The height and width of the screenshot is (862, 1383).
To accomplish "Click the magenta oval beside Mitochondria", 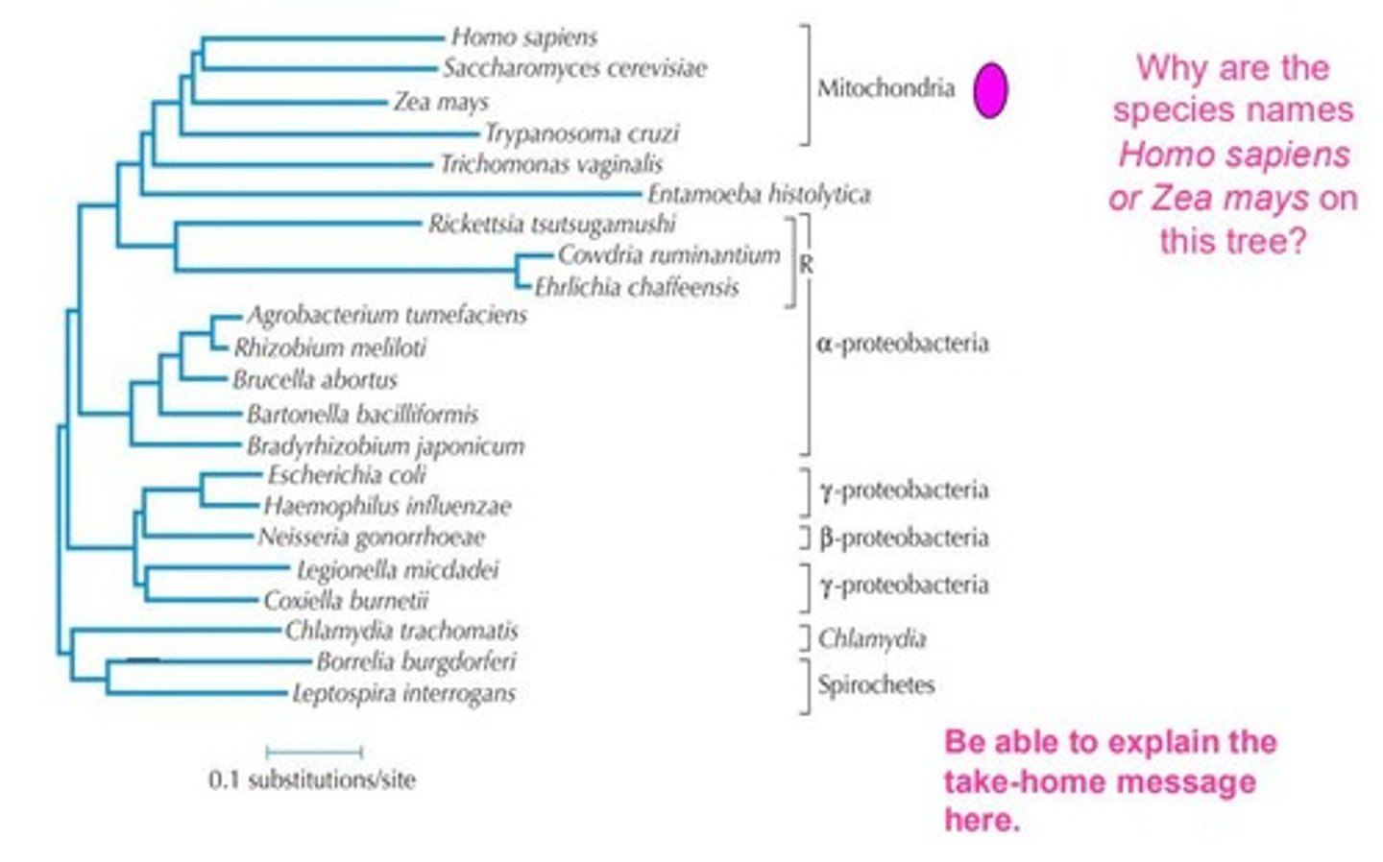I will tap(989, 90).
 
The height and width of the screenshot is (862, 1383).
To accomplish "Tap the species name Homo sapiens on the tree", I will tap(524, 37).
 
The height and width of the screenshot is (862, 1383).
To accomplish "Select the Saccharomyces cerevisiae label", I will tap(574, 68).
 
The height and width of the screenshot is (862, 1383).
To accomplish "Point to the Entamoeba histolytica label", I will tap(759, 195).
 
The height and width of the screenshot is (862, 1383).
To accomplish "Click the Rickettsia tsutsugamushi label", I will tap(551, 225).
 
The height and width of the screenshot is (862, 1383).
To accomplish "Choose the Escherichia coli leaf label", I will tap(346, 475).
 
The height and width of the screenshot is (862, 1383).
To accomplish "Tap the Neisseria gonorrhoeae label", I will tap(371, 537).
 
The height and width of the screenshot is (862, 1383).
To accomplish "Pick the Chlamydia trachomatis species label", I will tap(401, 631).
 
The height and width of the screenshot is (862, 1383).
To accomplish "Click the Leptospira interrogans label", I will tap(403, 693).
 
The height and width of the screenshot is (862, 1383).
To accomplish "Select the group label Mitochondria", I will tap(886, 88).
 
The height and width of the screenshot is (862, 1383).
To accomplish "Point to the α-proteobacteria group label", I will tap(902, 343).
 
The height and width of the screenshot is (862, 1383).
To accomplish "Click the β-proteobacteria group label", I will tap(904, 538).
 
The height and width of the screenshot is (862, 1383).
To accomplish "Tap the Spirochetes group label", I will tap(876, 684).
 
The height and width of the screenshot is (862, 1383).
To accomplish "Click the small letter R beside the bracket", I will tap(806, 265).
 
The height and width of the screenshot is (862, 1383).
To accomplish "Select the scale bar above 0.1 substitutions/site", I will tap(314, 752).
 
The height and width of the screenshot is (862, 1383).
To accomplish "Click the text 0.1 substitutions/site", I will tap(312, 779).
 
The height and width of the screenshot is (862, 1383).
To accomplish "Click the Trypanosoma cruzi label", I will tap(581, 133).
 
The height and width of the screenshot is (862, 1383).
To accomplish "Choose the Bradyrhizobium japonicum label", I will tap(385, 446).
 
